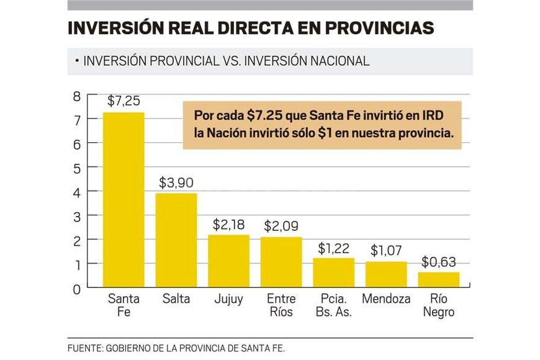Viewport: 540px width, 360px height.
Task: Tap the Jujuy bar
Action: point(228,261)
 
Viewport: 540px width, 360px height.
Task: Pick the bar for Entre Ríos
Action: point(281,262)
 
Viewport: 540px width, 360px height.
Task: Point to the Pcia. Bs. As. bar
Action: point(333,272)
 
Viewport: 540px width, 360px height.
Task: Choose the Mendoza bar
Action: point(385,274)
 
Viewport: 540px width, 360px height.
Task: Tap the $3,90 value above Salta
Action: point(176,183)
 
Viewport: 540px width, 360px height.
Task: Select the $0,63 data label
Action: point(438,261)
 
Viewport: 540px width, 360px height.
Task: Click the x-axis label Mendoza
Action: point(385,299)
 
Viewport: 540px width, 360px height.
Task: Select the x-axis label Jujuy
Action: point(228,299)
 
